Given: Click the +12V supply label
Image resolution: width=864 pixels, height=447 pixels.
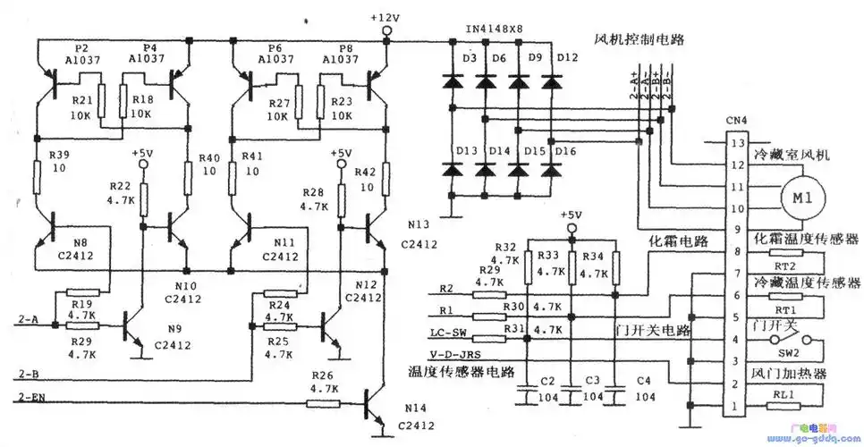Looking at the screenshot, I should pyautogui.click(x=385, y=18).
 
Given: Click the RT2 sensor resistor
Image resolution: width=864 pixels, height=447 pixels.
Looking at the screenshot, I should pyautogui.click(x=783, y=266).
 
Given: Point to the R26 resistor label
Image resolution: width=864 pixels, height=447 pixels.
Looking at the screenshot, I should pyautogui.click(x=324, y=374).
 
